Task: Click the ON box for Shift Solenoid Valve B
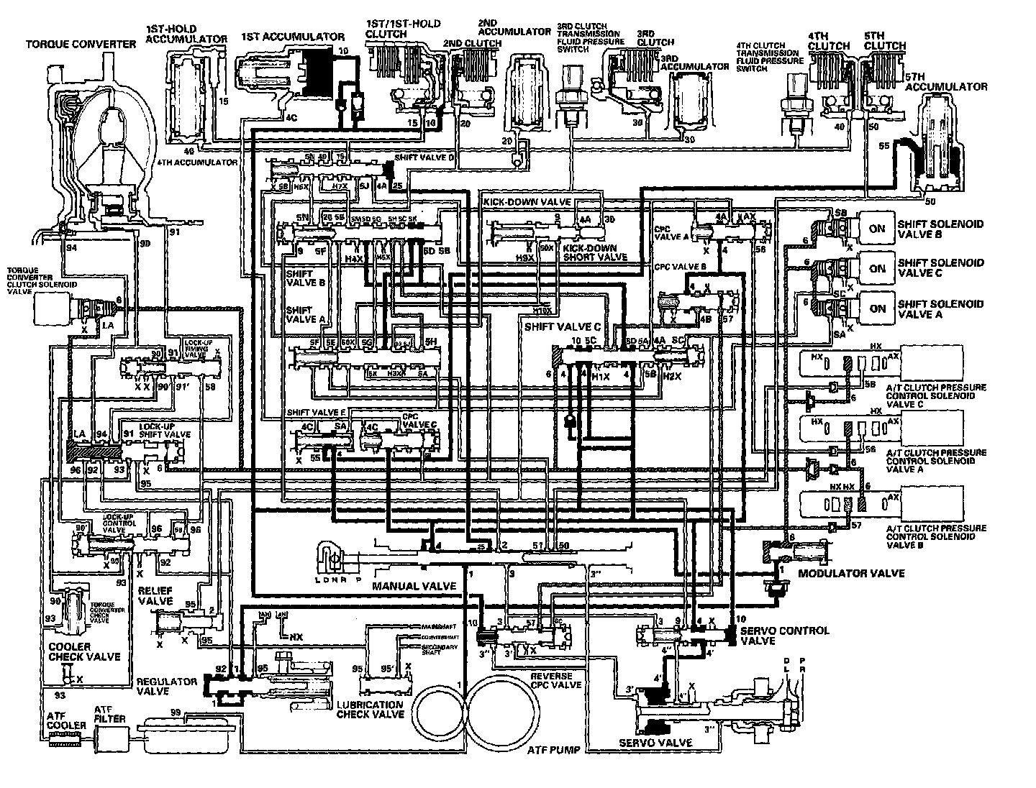876,229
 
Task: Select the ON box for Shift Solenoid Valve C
876,268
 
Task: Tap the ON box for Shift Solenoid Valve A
876,308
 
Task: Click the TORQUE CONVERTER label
81,44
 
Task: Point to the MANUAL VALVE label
414,586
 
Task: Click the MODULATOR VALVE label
851,573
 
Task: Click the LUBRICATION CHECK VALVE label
370,710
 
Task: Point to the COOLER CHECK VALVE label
83,651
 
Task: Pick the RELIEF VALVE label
155,595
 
